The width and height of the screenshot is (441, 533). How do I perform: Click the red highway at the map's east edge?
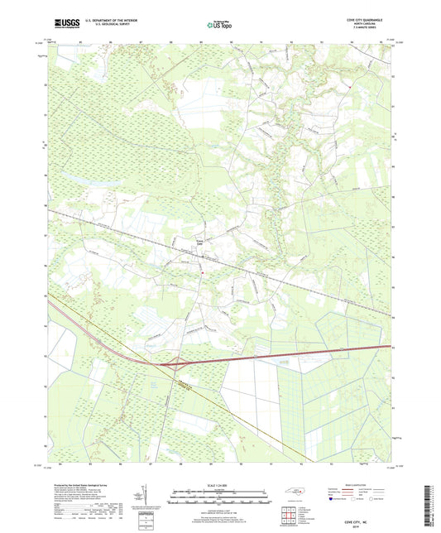pos(385,347)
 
